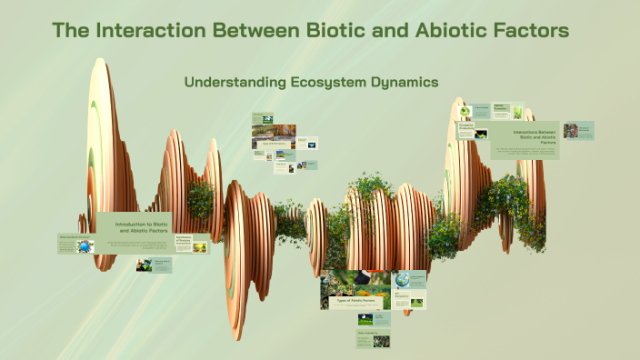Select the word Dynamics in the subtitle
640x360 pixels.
pos(404,82)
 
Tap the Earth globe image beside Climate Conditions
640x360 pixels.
pos(402,281)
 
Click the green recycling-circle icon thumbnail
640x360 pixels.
pos(466,112)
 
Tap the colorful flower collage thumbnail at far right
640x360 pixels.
pos(570,131)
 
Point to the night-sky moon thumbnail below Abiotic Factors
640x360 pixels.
pos(365,318)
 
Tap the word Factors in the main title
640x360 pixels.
pos(530,30)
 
